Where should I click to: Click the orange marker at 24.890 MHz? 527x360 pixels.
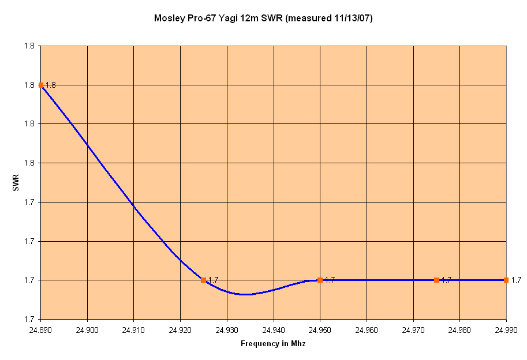tap(41, 85)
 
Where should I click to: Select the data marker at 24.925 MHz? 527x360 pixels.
tap(204, 280)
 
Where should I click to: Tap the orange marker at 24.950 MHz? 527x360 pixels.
tap(320, 280)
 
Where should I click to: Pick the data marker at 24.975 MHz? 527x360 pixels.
tap(436, 280)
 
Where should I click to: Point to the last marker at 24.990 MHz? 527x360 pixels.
tap(506, 280)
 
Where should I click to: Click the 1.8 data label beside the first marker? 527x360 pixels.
tap(51, 85)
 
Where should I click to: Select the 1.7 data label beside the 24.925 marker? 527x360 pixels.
tap(214, 280)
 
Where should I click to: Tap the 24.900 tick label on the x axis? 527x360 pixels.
tap(87, 331)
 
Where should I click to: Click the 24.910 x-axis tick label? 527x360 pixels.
tap(133, 331)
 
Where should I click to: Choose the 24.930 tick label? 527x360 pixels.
tap(227, 331)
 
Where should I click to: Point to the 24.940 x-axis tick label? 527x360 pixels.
tap(274, 331)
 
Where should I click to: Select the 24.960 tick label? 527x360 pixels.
tap(367, 331)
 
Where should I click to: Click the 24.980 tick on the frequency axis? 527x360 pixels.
tap(460, 331)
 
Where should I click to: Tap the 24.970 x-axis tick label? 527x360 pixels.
tap(413, 331)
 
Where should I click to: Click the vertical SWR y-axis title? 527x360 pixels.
tap(16, 183)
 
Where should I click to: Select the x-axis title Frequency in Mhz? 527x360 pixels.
tap(273, 344)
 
